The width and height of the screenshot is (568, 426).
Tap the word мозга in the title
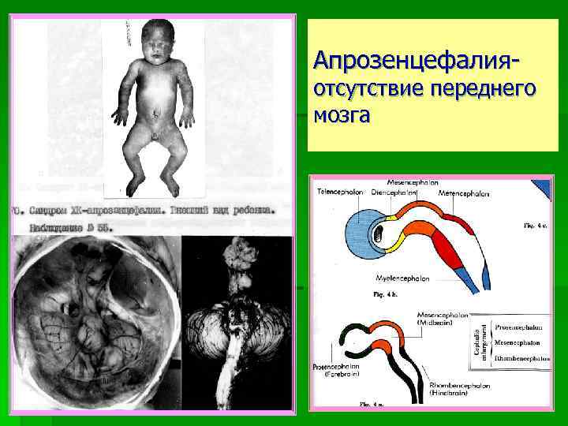[x=341, y=115]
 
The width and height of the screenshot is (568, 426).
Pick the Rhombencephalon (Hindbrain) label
[x=458, y=387]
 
